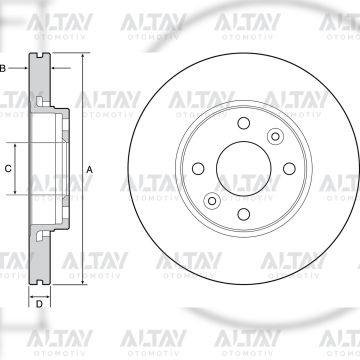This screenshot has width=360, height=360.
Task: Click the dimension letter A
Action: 89,171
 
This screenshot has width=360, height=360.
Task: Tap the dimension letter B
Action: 5,67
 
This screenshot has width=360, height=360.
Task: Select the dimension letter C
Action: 9,170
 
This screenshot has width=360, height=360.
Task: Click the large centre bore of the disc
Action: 241,168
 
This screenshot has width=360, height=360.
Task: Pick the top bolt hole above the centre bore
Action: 241,125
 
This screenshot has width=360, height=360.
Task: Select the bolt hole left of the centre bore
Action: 198,168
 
